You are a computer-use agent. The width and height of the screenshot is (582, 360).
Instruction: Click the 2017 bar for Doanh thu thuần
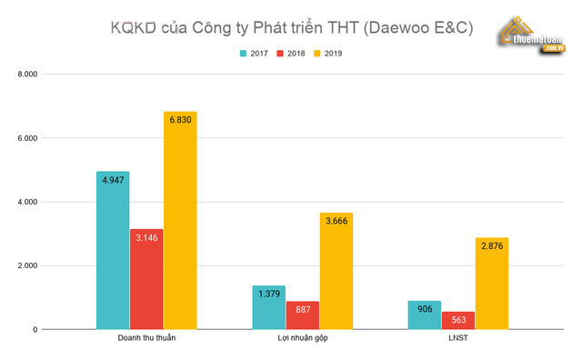pyautogui.click(x=113, y=250)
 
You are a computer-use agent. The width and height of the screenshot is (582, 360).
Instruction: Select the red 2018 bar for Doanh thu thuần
pyautogui.click(x=146, y=279)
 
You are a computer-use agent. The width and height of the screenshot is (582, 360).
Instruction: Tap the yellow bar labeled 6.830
pyautogui.click(x=180, y=220)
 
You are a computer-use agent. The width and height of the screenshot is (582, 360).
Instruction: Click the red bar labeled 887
pyautogui.click(x=302, y=315)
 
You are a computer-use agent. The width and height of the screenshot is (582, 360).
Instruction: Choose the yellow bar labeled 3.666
pyautogui.click(x=336, y=271)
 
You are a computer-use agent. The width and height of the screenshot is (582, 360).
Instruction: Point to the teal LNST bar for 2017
pyautogui.click(x=425, y=315)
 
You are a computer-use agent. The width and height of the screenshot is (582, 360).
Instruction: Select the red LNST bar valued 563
pyautogui.click(x=458, y=320)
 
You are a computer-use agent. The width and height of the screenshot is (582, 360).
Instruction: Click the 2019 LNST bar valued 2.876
pyautogui.click(x=492, y=284)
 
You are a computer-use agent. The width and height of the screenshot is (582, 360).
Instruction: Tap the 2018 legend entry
pyautogui.click(x=292, y=54)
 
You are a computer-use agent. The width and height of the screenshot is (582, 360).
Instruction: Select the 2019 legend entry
pyautogui.click(x=328, y=54)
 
